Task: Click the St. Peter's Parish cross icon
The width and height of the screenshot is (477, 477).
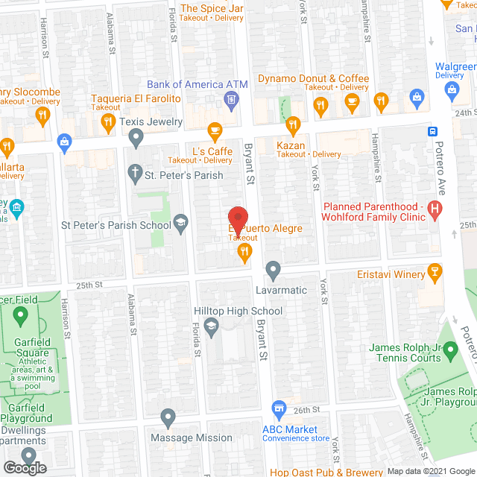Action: point(135,174)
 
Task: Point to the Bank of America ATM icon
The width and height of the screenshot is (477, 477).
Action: point(232,100)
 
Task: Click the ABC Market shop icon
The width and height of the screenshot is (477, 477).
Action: point(279,408)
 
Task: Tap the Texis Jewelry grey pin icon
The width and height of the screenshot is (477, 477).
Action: point(136,136)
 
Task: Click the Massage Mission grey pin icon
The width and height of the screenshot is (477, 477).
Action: point(168,417)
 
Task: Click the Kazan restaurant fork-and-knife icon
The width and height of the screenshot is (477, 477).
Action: point(292,124)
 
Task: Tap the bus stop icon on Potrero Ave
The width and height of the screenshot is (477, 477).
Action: point(432,131)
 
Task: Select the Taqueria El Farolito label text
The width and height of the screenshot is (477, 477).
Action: point(136,98)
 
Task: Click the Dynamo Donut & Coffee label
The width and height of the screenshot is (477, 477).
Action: point(313,78)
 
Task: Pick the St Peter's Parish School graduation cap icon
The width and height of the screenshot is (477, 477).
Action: point(180,223)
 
